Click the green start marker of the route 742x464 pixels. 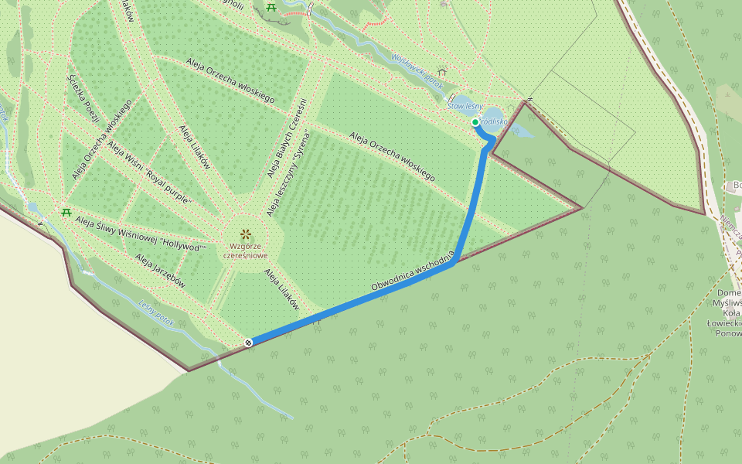[475, 122]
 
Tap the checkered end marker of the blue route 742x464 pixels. [249, 343]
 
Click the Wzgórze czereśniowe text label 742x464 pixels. [245, 251]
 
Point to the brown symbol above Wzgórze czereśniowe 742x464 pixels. [245, 234]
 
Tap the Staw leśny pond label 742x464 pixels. [466, 107]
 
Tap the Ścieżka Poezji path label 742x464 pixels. [83, 98]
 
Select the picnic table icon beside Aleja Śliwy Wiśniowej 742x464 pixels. [66, 212]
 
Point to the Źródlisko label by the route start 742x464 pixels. [492, 121]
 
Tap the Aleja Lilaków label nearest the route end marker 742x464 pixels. [281, 290]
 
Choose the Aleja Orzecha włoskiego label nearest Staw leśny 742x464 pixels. [392, 157]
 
